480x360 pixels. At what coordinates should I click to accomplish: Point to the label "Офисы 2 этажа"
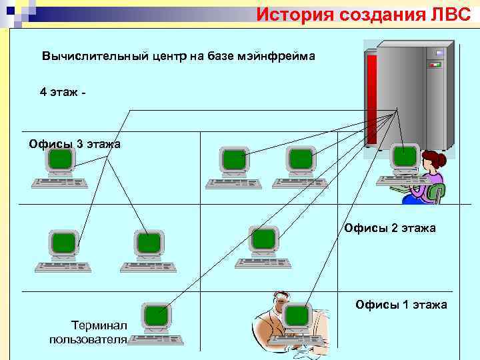click(x=390, y=228)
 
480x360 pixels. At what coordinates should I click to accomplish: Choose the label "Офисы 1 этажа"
click(x=401, y=305)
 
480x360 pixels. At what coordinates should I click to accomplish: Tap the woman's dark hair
click(x=434, y=159)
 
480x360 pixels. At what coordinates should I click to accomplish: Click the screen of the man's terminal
click(x=297, y=315)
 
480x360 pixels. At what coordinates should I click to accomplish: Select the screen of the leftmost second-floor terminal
click(x=64, y=242)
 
